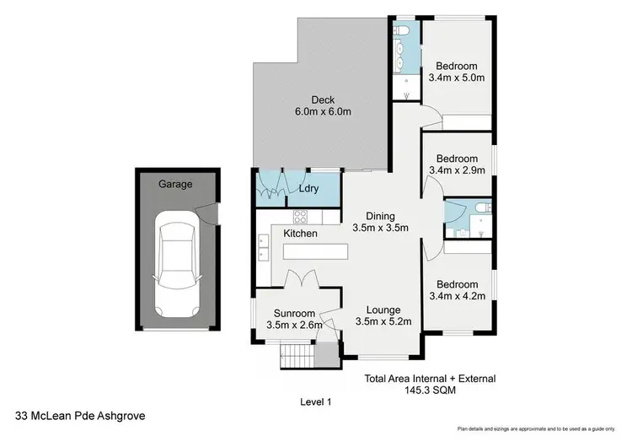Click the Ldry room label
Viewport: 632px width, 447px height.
click(308, 189)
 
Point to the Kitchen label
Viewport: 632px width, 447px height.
click(300, 233)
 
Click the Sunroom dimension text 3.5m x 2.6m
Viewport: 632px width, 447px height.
click(289, 324)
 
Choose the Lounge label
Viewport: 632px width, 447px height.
click(383, 310)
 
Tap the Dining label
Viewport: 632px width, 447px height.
click(380, 216)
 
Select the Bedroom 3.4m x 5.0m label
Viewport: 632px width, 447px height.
click(457, 72)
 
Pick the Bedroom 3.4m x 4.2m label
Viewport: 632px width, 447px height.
click(457, 290)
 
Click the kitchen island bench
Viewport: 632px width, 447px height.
click(314, 252)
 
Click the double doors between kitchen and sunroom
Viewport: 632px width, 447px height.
click(298, 279)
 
